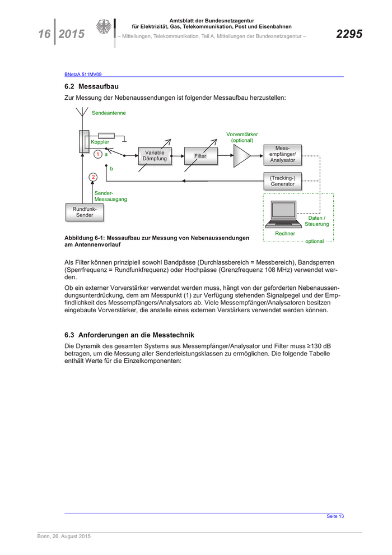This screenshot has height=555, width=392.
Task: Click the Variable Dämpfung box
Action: (x=154, y=156)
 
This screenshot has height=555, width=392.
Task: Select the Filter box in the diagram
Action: (x=200, y=156)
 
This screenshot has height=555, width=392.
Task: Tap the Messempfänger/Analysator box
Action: (x=282, y=154)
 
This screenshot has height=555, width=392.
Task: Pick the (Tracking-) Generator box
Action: (x=282, y=181)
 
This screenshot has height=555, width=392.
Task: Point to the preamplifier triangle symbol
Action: (x=242, y=156)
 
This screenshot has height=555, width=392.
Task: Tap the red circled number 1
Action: (x=97, y=154)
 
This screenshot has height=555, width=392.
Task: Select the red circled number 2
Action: (x=94, y=177)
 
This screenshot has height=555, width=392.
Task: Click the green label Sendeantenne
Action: (x=109, y=113)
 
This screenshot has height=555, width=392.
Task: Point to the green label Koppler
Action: (x=100, y=142)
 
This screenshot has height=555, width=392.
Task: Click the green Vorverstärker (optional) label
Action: (x=242, y=137)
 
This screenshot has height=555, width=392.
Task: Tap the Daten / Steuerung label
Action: (x=317, y=221)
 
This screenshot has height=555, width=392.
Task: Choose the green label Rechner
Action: (x=285, y=233)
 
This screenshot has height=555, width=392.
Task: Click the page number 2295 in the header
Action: (x=349, y=34)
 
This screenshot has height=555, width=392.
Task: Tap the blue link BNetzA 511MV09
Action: (x=82, y=74)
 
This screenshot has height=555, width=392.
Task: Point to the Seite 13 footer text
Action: (x=335, y=516)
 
